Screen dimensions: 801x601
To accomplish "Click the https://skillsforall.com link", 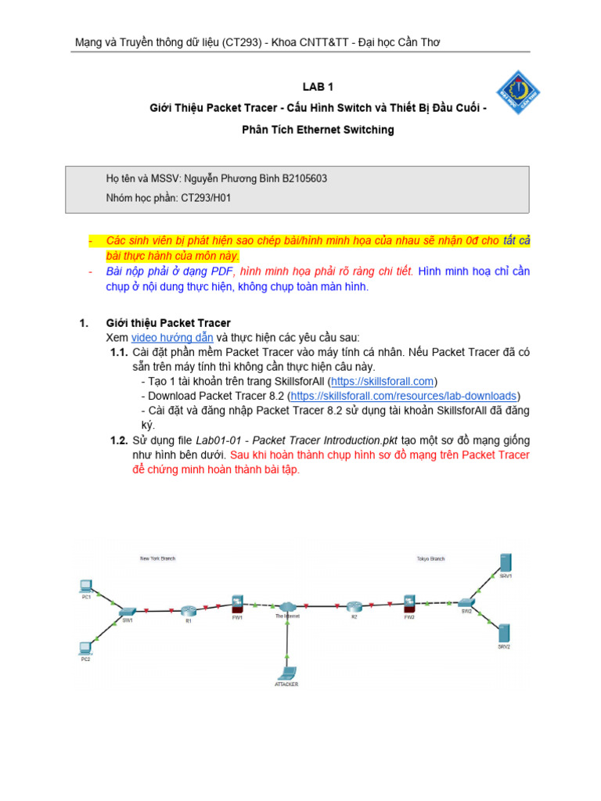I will tap(382, 381).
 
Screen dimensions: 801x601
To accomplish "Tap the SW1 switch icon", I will tap(127, 610).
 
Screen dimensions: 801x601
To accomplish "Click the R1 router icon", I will tap(188, 610).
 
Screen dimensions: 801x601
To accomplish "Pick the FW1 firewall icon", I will tap(237, 603).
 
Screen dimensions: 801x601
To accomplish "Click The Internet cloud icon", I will tap(286, 606).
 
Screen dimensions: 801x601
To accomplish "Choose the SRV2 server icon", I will tap(505, 634).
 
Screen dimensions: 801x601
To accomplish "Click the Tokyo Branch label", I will tap(430, 559).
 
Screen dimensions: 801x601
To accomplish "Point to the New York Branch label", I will tap(157, 559).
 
